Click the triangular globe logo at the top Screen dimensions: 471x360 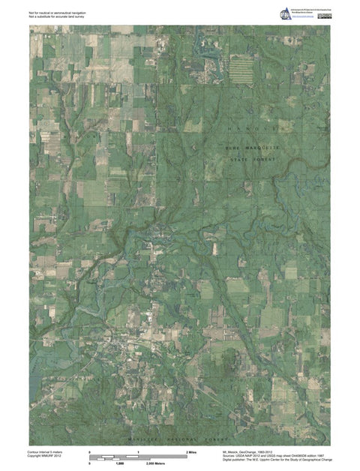(286, 13)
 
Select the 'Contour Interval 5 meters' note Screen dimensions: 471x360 (47, 452)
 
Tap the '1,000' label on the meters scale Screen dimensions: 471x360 (118, 465)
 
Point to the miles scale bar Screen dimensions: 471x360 (138, 457)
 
